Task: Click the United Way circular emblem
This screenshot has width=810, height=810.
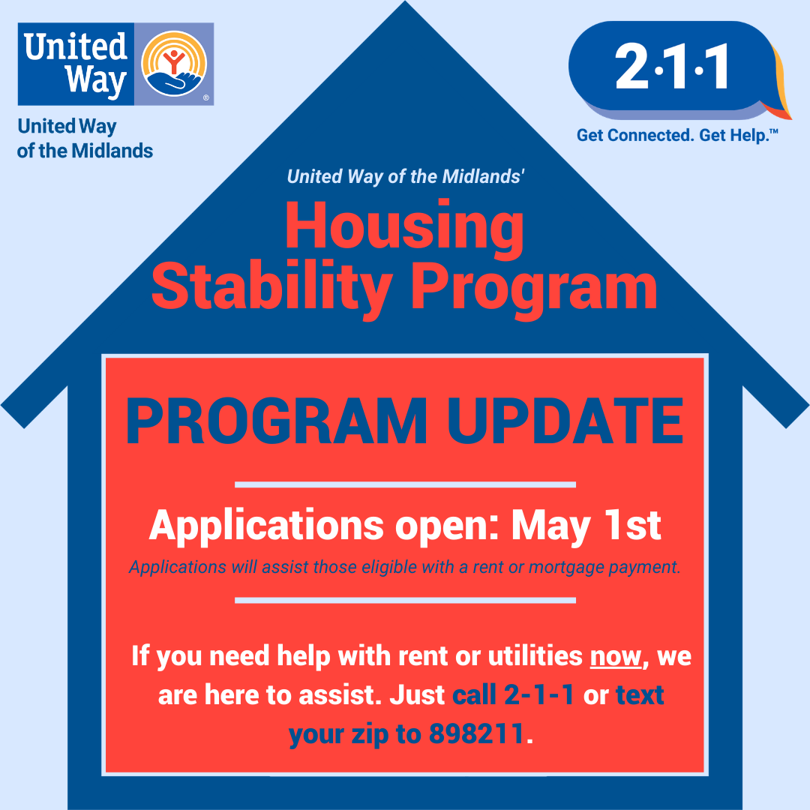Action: [174, 64]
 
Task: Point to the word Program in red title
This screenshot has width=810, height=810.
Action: [534, 290]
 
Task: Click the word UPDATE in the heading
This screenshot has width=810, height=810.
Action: [565, 421]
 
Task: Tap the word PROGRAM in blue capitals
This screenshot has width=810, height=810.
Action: [276, 421]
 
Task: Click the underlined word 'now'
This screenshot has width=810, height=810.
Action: [616, 656]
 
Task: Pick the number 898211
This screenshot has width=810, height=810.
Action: [476, 733]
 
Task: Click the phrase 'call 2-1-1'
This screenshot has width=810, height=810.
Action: [513, 694]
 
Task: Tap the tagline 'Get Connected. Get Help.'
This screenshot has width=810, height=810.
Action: [677, 135]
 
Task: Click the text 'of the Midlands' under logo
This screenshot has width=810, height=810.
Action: [85, 151]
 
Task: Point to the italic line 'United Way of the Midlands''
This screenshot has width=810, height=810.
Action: [406, 177]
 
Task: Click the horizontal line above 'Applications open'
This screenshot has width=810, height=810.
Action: [405, 484]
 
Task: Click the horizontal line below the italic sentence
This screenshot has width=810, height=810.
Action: [405, 600]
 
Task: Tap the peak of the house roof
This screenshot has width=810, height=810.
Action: [405, 1]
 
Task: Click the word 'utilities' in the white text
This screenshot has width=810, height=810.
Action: [535, 656]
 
